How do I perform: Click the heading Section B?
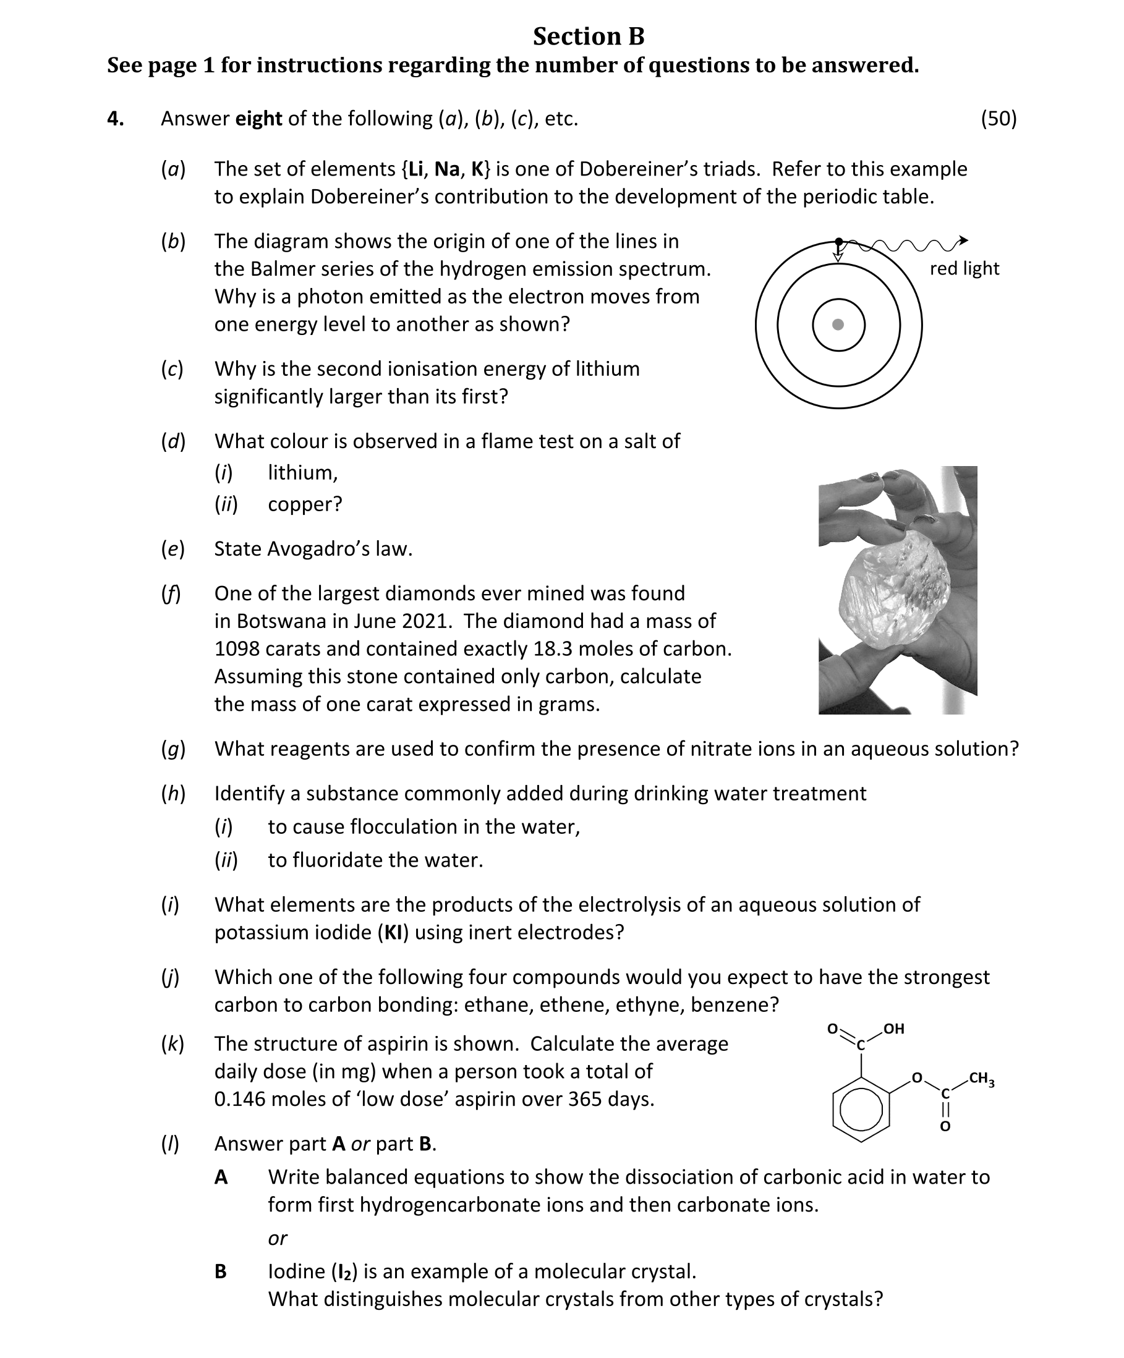tap(588, 37)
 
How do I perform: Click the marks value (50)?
tap(998, 118)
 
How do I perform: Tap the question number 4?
tap(115, 118)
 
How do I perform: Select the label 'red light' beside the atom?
tap(964, 268)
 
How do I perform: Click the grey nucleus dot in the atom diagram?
tap(838, 325)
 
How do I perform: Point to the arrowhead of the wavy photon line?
tap(963, 240)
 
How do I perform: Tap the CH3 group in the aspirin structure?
tap(981, 1079)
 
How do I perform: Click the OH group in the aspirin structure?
tap(893, 1029)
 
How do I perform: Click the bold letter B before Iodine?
tap(221, 1272)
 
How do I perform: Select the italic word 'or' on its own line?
tap(278, 1238)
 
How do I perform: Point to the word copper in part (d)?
tap(304, 504)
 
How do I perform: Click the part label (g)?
tap(172, 749)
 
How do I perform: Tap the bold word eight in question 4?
tap(258, 118)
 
